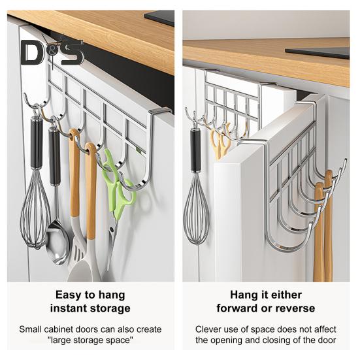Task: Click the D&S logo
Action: [x=52, y=52]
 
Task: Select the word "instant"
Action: [x=71, y=308]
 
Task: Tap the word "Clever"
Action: [x=210, y=329]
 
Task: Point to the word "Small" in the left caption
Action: [x=31, y=329]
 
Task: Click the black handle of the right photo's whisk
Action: [x=195, y=150]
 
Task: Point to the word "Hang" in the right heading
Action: [x=244, y=295]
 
